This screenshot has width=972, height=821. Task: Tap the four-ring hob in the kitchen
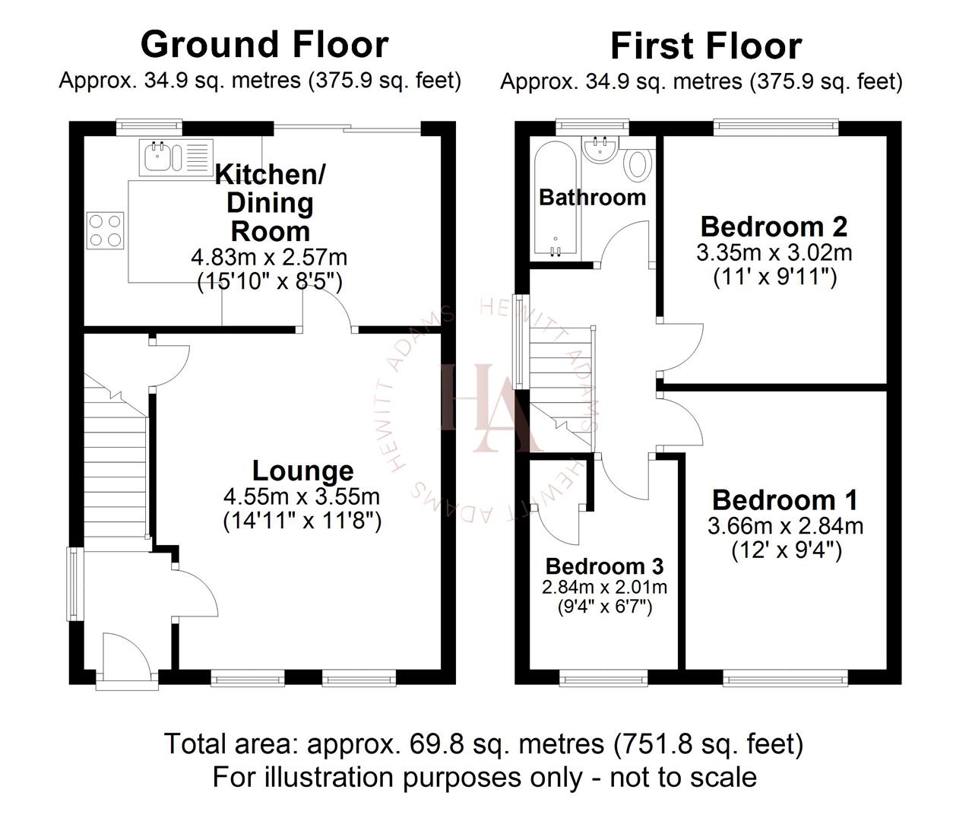(106, 230)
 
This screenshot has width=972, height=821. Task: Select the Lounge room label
(302, 471)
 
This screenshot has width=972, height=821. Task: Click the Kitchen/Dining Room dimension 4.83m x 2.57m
(269, 257)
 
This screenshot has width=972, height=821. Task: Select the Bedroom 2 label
(774, 227)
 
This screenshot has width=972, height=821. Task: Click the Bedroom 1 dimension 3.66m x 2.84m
(785, 525)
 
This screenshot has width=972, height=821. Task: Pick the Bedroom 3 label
(604, 566)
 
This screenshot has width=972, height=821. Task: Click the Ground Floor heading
(264, 44)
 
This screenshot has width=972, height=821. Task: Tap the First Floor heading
(705, 46)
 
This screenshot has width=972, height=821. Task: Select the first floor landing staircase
(561, 380)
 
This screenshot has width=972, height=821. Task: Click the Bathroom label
(592, 198)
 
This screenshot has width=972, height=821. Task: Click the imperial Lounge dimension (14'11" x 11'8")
(302, 521)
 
